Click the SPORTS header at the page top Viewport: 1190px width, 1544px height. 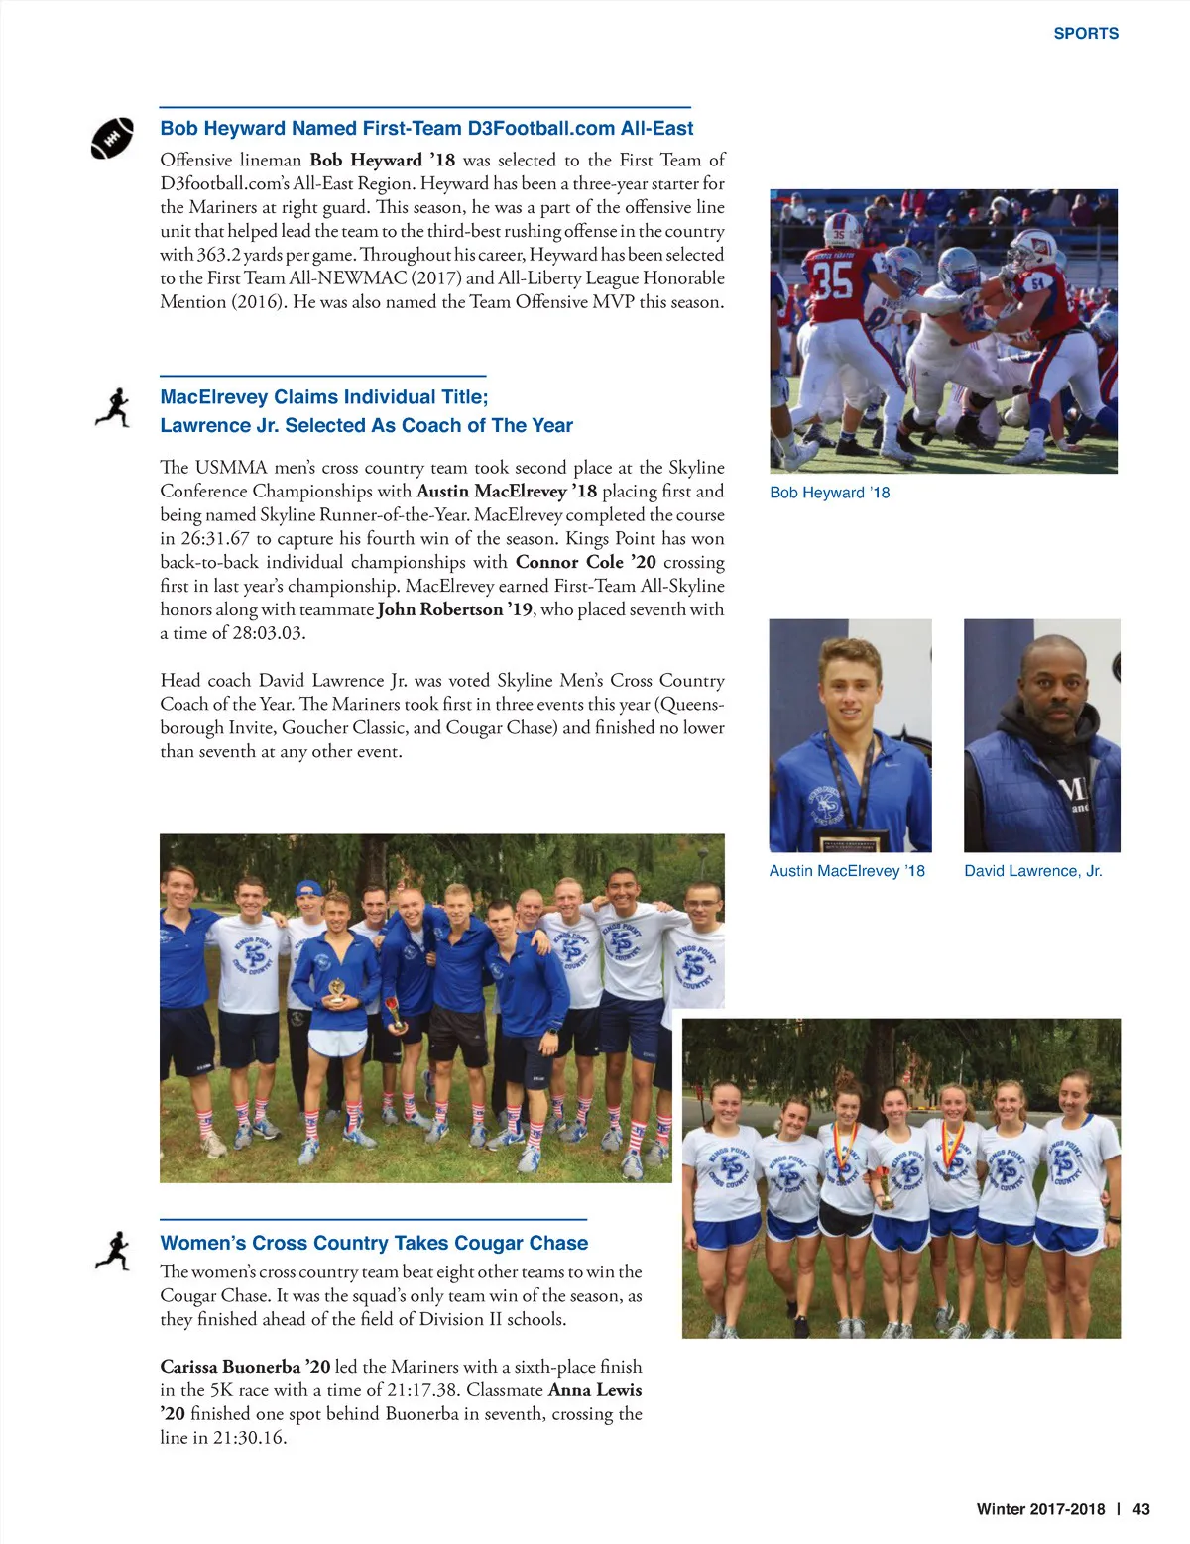point(1086,33)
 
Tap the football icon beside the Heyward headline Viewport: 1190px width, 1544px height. point(112,138)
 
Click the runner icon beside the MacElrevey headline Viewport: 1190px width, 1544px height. point(113,407)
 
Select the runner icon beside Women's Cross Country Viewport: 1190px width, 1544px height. point(113,1251)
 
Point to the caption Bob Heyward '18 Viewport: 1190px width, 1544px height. point(829,493)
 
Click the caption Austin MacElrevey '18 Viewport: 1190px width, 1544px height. point(847,871)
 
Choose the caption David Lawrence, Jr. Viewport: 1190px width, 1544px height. point(1032,871)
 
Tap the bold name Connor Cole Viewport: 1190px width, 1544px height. point(568,562)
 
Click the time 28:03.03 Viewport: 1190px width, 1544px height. point(268,633)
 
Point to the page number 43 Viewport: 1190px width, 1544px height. point(1141,1509)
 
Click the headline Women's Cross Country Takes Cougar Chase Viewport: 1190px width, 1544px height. point(374,1243)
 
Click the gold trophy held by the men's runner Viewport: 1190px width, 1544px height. point(337,992)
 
